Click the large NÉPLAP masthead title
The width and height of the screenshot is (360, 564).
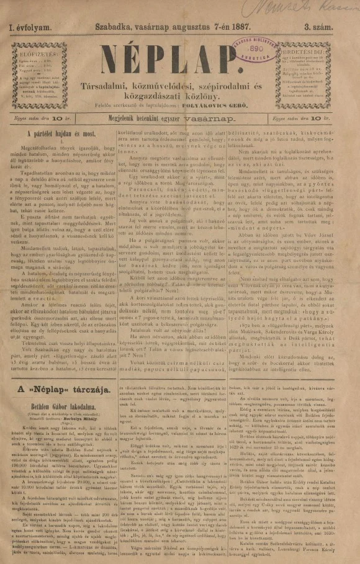176,63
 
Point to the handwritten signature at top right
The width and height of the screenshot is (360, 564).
311,9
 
